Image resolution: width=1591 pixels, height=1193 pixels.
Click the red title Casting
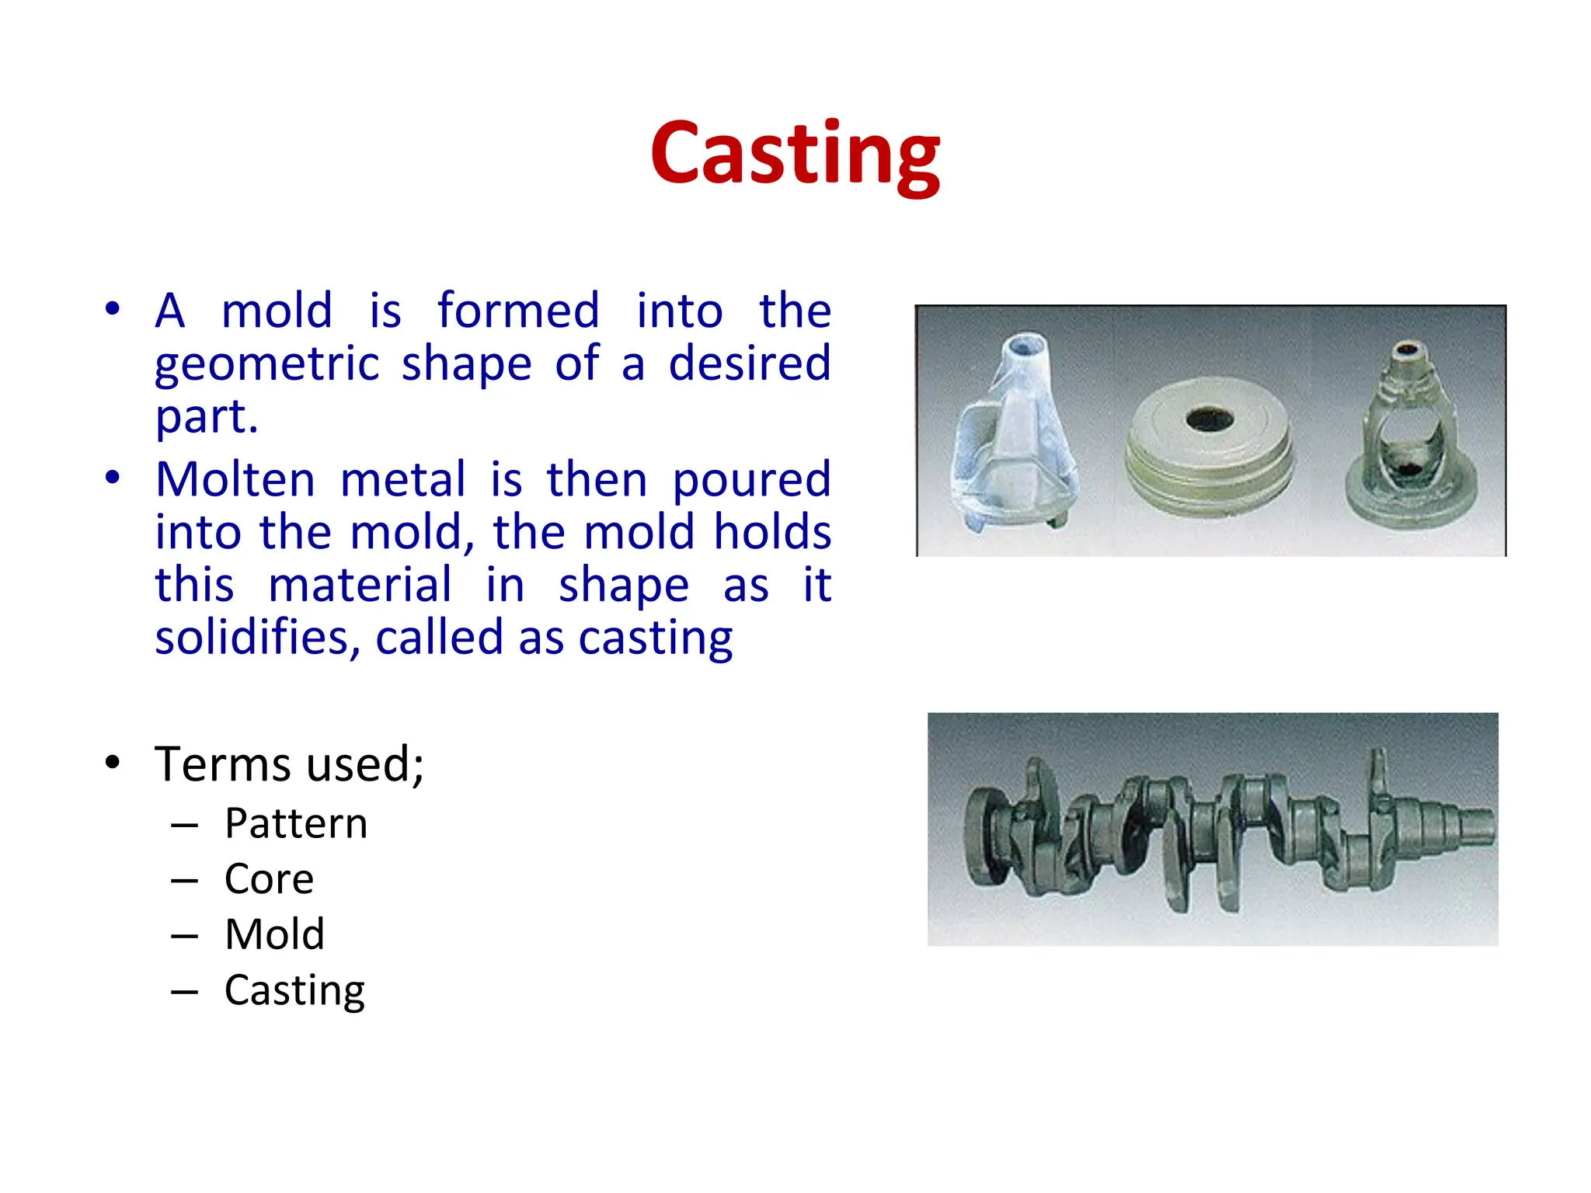click(795, 155)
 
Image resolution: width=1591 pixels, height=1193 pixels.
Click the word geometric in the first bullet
click(266, 364)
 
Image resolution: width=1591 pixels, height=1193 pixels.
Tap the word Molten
click(235, 479)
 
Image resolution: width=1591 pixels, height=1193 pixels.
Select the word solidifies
click(257, 638)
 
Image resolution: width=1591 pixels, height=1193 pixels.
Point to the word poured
click(751, 479)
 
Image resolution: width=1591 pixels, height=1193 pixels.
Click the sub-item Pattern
click(295, 823)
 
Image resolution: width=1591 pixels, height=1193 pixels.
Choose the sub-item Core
click(269, 879)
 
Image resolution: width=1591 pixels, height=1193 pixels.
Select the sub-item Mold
click(274, 934)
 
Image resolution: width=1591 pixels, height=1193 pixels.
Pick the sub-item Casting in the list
click(294, 990)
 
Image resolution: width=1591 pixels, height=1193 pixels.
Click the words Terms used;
click(289, 764)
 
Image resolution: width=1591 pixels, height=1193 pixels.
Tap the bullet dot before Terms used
click(113, 763)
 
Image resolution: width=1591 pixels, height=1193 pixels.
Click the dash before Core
click(184, 881)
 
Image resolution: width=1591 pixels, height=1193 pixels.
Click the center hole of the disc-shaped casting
click(1209, 420)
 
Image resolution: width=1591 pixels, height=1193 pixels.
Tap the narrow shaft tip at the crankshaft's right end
click(1476, 825)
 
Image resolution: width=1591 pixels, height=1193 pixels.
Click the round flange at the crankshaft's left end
click(980, 835)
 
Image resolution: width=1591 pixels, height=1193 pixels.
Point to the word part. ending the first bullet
click(206, 417)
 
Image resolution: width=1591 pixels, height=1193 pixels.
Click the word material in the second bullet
click(359, 585)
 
